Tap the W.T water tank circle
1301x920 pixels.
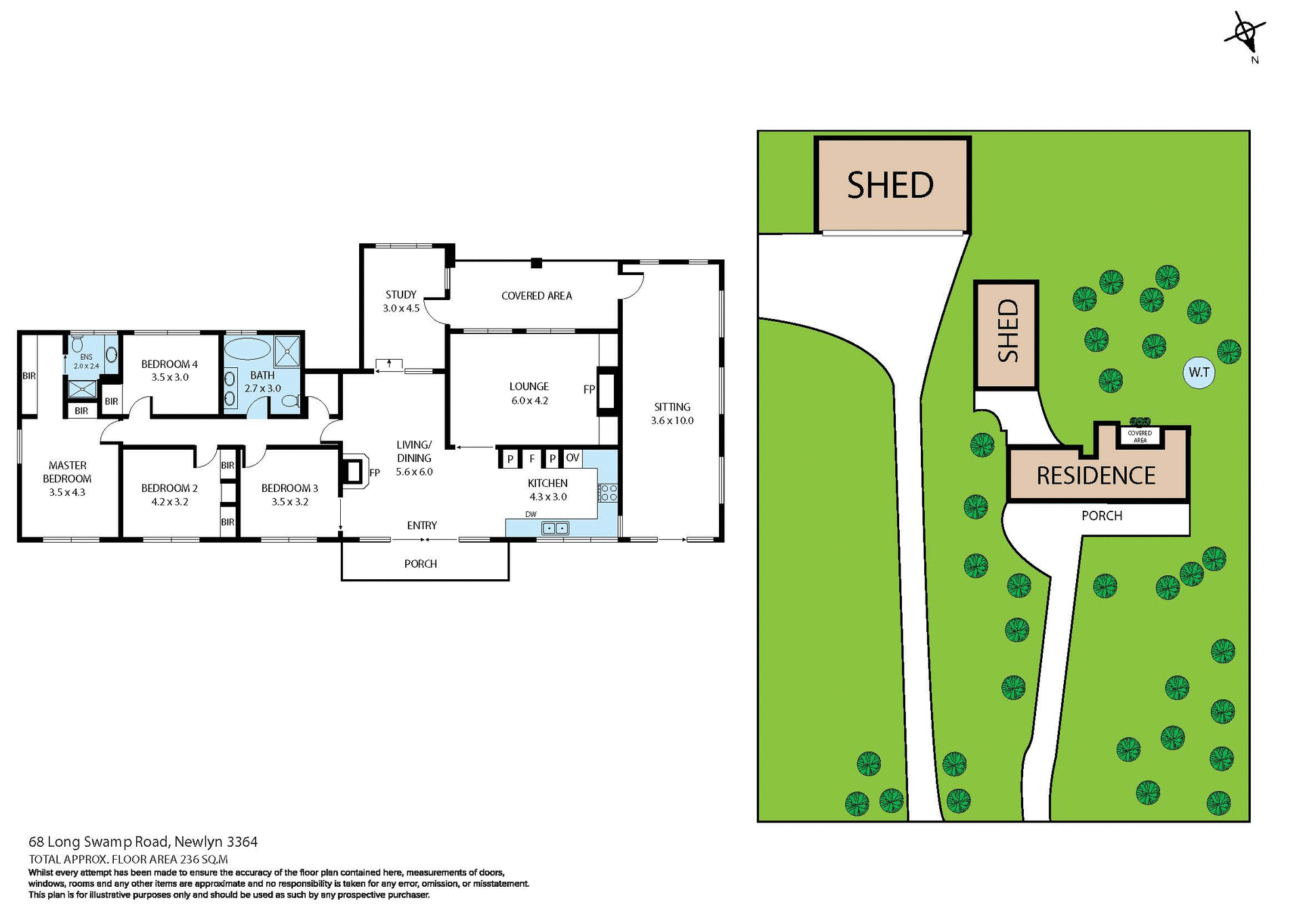[1199, 372]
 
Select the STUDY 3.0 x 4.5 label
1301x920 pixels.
[401, 301]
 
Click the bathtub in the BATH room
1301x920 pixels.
[247, 350]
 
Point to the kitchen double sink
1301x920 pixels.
[555, 528]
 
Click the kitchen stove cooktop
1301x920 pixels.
[608, 493]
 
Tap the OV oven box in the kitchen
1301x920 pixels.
[573, 458]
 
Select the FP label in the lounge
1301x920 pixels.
[589, 390]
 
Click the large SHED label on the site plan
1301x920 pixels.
[890, 186]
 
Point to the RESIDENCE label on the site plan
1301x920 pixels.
[1096, 476]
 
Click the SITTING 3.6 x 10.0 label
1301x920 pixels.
[672, 413]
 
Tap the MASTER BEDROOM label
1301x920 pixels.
[67, 478]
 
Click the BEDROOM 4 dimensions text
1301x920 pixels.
[169, 377]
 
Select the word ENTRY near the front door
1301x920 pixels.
[421, 526]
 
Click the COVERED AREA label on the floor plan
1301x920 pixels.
[536, 296]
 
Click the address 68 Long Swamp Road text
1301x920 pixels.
[143, 842]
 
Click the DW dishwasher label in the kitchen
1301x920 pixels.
[531, 514]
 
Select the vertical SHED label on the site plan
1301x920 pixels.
[1007, 331]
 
